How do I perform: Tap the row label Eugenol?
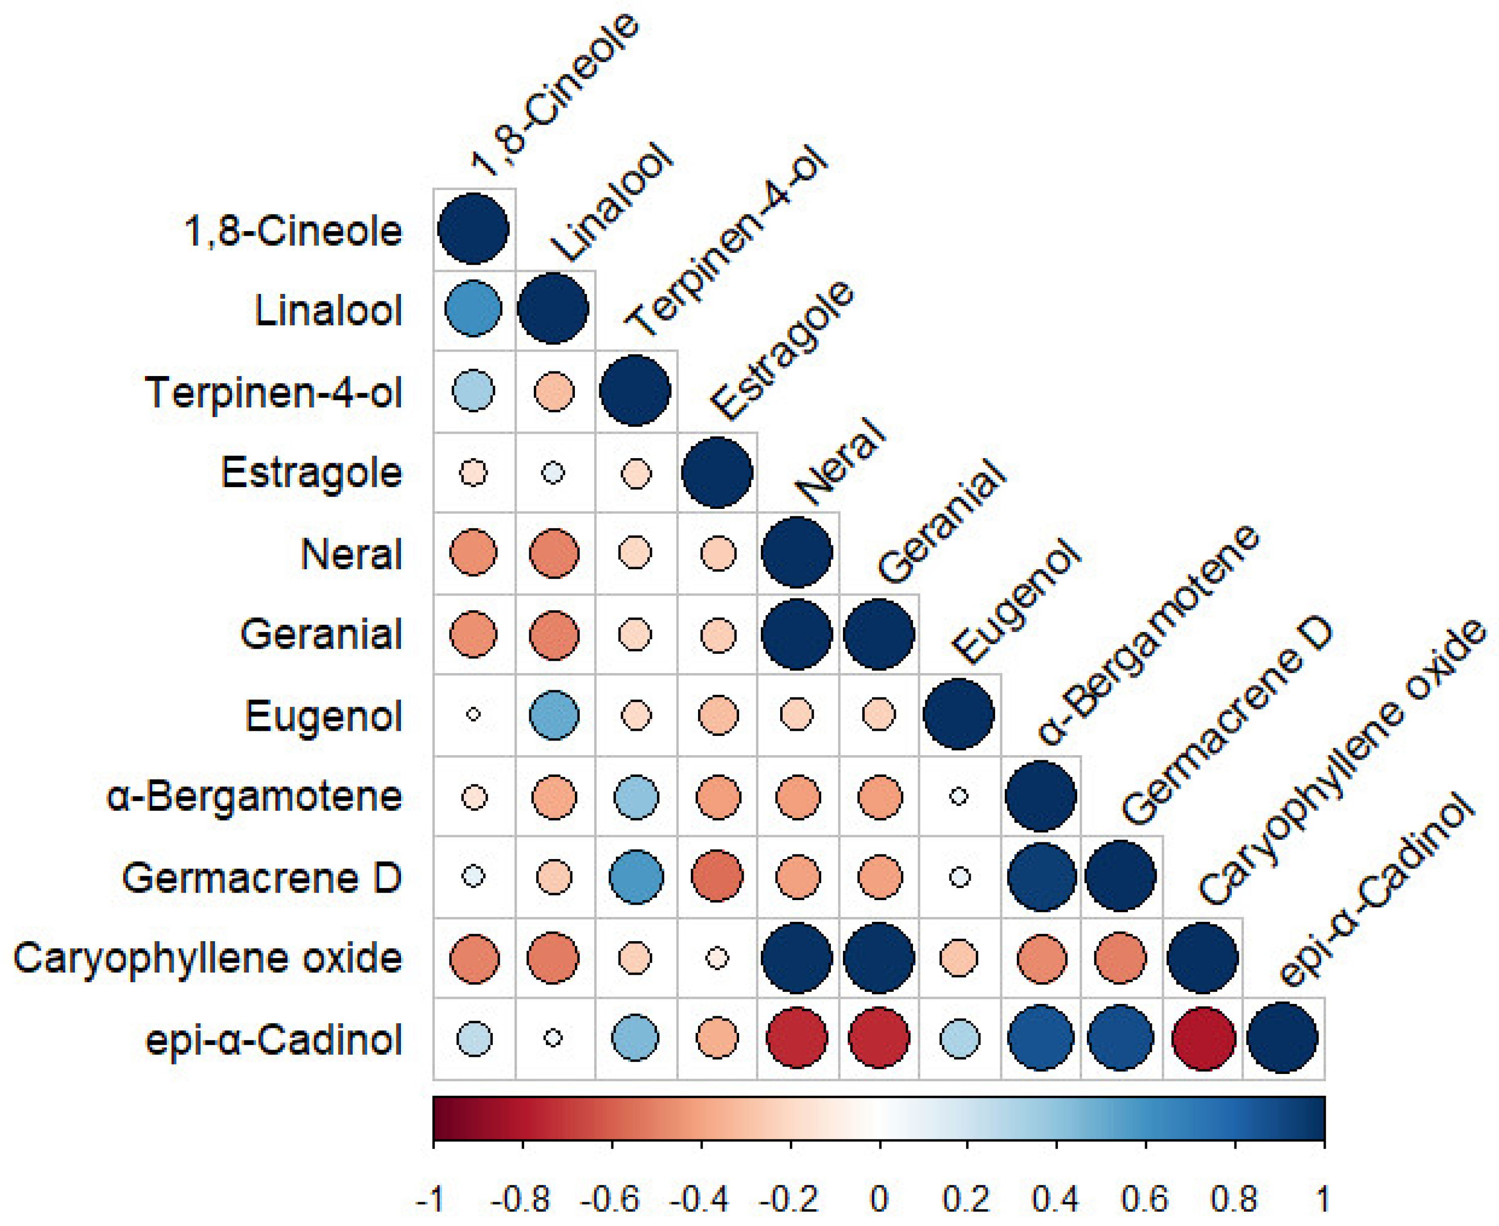coord(323,716)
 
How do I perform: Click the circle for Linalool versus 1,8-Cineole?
coord(473,309)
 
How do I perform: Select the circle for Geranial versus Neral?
coord(797,634)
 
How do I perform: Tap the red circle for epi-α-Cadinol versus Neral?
coord(797,1038)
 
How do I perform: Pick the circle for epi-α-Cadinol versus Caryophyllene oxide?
coord(1203,1038)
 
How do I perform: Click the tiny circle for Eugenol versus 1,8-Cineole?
coord(473,715)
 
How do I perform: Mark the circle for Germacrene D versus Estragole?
coord(717,876)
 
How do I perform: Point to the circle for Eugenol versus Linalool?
coord(554,715)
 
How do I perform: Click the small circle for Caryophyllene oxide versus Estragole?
coord(717,958)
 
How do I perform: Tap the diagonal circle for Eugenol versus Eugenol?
coord(959,715)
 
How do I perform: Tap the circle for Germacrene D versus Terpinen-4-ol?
coord(636,876)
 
